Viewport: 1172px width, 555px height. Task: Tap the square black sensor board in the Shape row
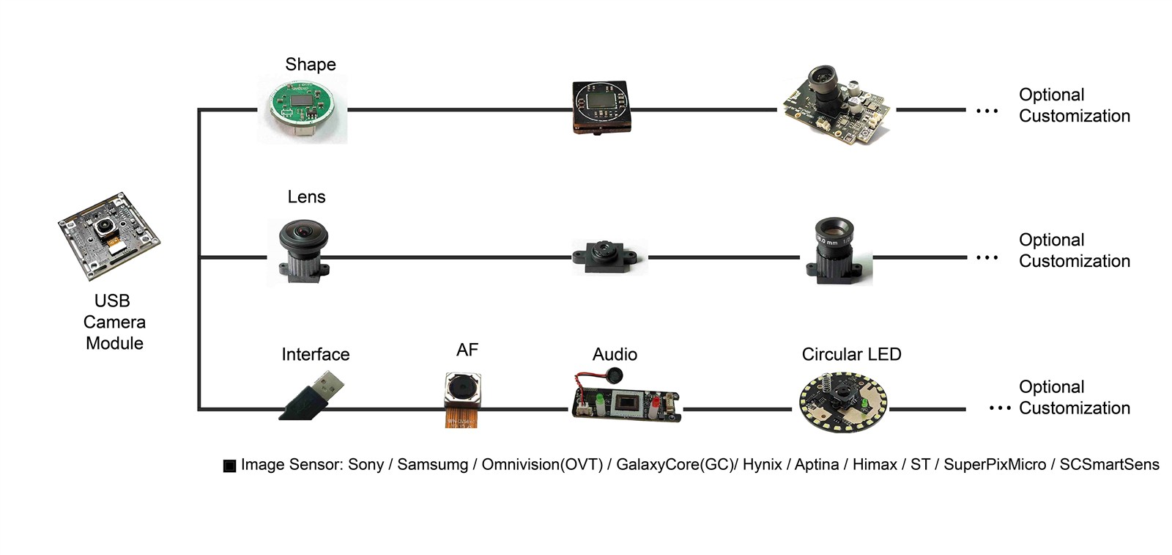pyautogui.click(x=601, y=107)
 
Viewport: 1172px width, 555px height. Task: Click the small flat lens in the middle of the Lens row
pyautogui.click(x=608, y=257)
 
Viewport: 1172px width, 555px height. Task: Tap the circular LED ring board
pyautogui.click(x=843, y=403)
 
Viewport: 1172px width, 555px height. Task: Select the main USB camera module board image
pyautogui.click(x=108, y=236)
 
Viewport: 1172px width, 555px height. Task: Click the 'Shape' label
pyautogui.click(x=311, y=65)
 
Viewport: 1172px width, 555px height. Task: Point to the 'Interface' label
pyautogui.click(x=316, y=355)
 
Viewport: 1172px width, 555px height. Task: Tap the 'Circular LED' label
pyautogui.click(x=851, y=355)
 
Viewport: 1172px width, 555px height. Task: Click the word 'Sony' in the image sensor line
pyautogui.click(x=366, y=465)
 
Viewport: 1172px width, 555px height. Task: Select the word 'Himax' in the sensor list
pyautogui.click(x=875, y=465)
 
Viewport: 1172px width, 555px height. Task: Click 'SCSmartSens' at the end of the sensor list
pyautogui.click(x=1109, y=465)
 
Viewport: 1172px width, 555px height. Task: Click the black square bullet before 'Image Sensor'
pyautogui.click(x=229, y=466)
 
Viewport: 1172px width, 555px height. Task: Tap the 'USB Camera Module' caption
pyautogui.click(x=114, y=322)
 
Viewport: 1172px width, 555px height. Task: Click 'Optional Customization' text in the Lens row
pyautogui.click(x=1074, y=251)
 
